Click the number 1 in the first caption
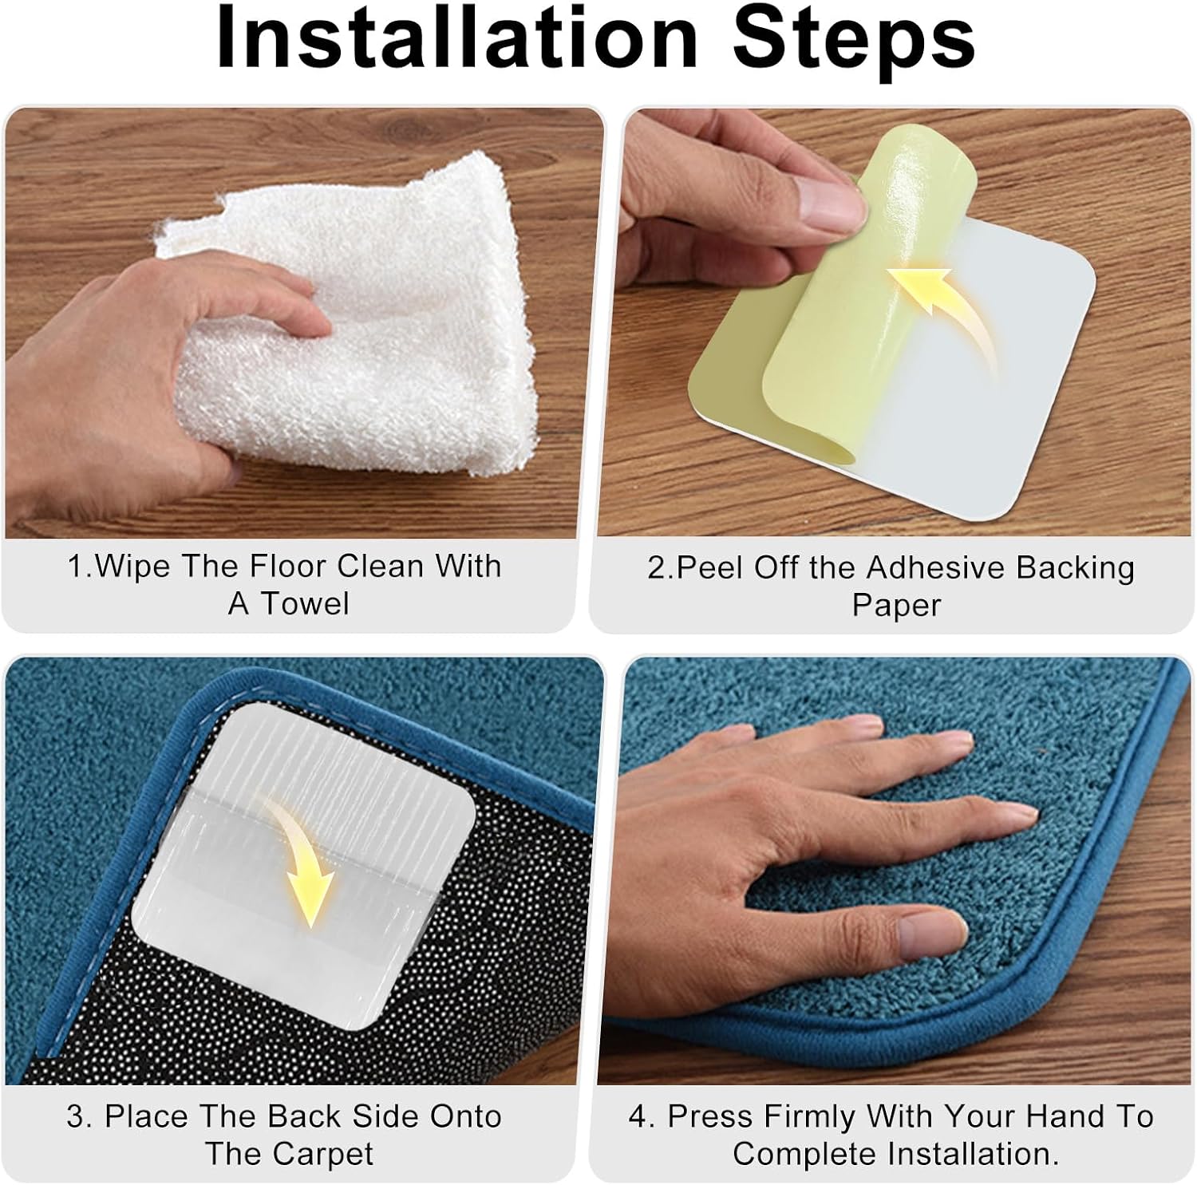pyautogui.click(x=75, y=567)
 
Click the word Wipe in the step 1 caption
pyautogui.click(x=132, y=567)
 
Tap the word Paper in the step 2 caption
pyautogui.click(x=897, y=606)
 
